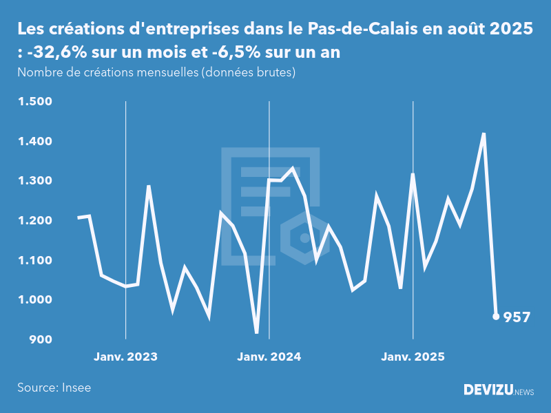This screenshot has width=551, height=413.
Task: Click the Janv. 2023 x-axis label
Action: (125, 357)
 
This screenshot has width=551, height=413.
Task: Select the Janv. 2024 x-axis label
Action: (269, 357)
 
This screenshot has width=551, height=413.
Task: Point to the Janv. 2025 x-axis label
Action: (413, 357)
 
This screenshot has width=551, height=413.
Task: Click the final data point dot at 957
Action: (496, 317)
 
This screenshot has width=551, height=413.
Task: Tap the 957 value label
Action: (517, 317)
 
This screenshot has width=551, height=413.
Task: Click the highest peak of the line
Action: (484, 134)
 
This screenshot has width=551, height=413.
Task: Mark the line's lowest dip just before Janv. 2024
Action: (257, 333)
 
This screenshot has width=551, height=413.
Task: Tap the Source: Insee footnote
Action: (54, 388)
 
